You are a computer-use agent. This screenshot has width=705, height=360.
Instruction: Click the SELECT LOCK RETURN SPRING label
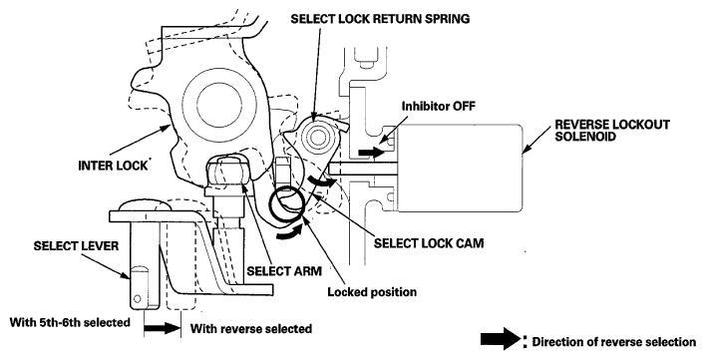380,19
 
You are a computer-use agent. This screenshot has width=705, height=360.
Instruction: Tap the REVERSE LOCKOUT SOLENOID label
612,131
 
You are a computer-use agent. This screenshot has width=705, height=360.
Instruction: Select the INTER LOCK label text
113,166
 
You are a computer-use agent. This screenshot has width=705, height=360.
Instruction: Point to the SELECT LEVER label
76,246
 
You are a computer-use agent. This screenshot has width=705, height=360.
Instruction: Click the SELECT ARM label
284,271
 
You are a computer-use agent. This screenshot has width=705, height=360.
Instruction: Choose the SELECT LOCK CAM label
429,243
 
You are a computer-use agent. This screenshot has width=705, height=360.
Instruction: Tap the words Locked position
372,292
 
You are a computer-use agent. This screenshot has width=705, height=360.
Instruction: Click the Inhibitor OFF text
438,106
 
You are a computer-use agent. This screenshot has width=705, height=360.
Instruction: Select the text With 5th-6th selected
70,322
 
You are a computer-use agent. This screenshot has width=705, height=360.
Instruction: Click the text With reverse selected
251,328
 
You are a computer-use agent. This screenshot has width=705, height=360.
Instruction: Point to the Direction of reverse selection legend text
613,342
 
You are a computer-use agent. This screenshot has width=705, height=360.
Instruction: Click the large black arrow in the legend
501,339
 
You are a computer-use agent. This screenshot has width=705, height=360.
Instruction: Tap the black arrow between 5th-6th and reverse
163,328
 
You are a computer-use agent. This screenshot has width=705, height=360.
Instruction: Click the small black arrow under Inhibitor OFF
371,153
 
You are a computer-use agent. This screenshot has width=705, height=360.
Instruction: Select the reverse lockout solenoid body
459,169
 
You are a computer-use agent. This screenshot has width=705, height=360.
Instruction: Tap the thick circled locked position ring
288,204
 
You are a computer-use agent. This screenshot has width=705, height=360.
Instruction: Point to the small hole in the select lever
138,298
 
